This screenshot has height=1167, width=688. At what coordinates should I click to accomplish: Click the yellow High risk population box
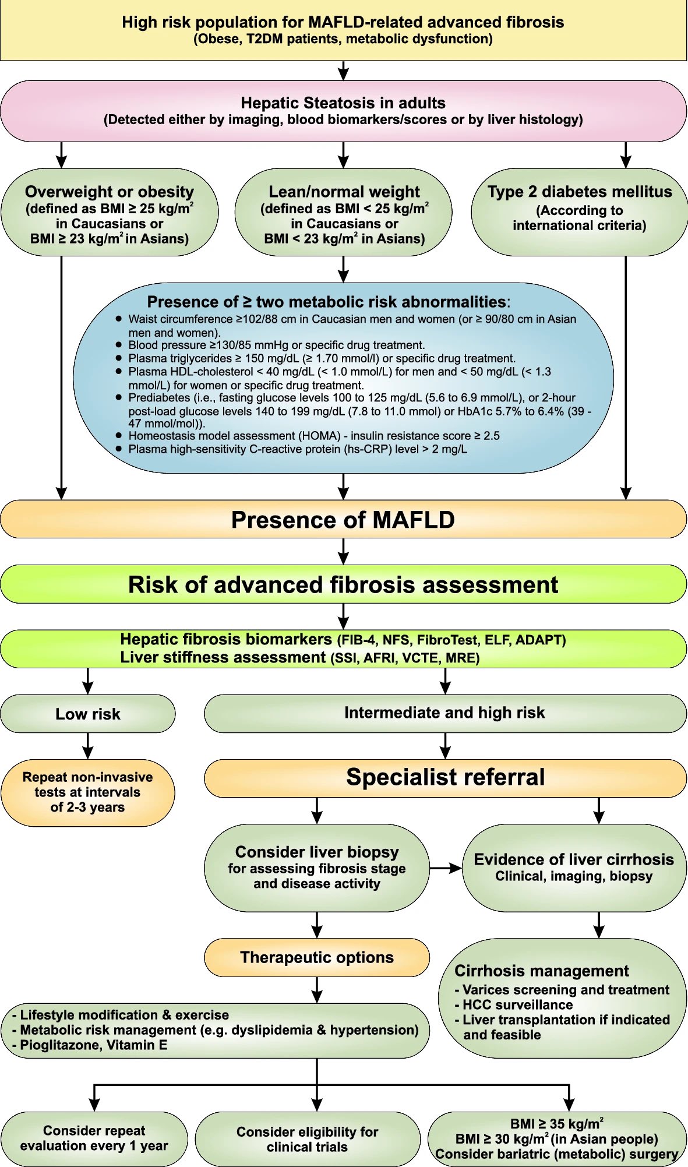pyautogui.click(x=343, y=30)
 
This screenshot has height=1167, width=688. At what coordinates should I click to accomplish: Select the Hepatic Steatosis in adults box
pyautogui.click(x=343, y=111)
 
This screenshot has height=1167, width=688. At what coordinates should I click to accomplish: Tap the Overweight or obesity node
pyautogui.click(x=110, y=213)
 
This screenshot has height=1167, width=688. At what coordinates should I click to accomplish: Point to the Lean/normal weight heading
pyautogui.click(x=344, y=192)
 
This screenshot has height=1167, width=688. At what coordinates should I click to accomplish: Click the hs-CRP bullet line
pyautogui.click(x=297, y=449)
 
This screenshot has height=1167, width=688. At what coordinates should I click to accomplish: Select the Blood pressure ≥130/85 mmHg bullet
pyautogui.click(x=276, y=345)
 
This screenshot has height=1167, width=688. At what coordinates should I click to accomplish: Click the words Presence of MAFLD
pyautogui.click(x=343, y=519)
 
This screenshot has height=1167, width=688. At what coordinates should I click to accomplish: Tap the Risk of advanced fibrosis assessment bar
pyautogui.click(x=343, y=584)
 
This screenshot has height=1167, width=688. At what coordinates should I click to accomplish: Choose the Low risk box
pyautogui.click(x=87, y=714)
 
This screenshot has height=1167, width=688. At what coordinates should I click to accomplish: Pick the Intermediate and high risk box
pyautogui.click(x=444, y=713)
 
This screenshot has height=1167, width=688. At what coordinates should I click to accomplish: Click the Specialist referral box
pyautogui.click(x=444, y=777)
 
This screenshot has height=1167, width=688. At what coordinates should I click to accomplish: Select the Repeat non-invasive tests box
pyautogui.click(x=87, y=792)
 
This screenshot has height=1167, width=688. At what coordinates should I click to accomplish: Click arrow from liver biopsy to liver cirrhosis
pyautogui.click(x=446, y=868)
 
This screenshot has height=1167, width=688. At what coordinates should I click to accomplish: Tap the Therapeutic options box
pyautogui.click(x=317, y=957)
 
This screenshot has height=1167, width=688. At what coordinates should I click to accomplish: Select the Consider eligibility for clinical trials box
pyautogui.click(x=307, y=1139)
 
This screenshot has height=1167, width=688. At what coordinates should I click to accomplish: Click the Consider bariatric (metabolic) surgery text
pyautogui.click(x=556, y=1154)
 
